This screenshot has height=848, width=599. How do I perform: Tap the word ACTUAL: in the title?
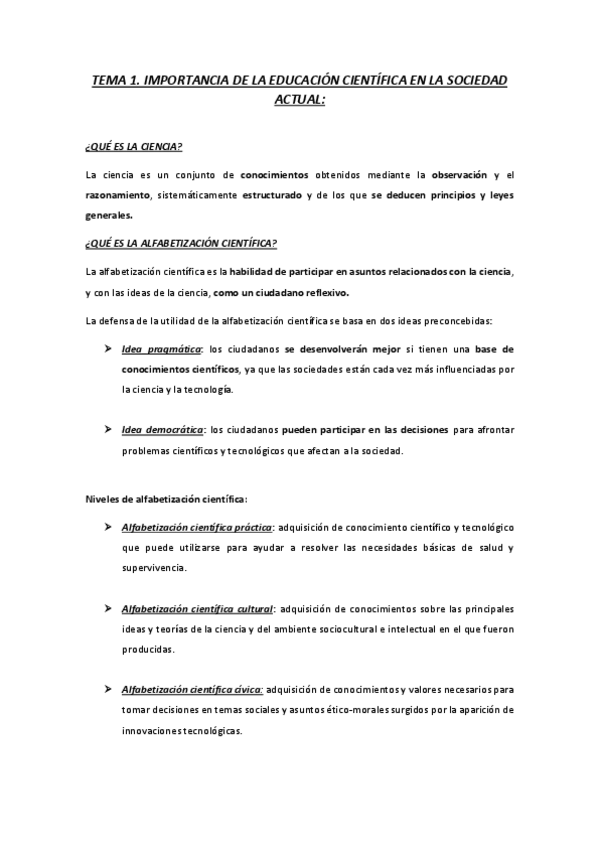[299, 100]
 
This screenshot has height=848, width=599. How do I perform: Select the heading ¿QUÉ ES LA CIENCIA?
[134, 148]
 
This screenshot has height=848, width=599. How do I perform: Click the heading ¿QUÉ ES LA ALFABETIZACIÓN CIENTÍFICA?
[181, 244]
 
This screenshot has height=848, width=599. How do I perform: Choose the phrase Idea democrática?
[163, 431]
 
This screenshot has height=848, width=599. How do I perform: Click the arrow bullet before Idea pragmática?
[107, 350]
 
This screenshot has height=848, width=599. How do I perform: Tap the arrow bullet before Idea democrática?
[107, 431]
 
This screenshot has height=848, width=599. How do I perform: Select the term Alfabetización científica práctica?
[196, 527]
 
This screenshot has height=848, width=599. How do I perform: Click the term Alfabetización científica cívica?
[192, 689]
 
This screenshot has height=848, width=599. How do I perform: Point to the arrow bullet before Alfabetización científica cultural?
[107, 608]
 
